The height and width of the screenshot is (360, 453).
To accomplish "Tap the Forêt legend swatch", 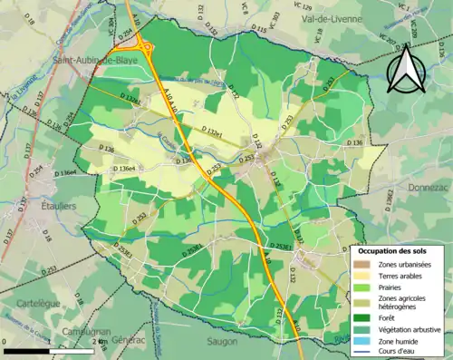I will [361, 317].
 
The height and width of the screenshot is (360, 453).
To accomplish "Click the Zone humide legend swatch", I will [361, 341].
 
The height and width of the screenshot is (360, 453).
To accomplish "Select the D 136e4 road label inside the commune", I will [124, 169].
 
